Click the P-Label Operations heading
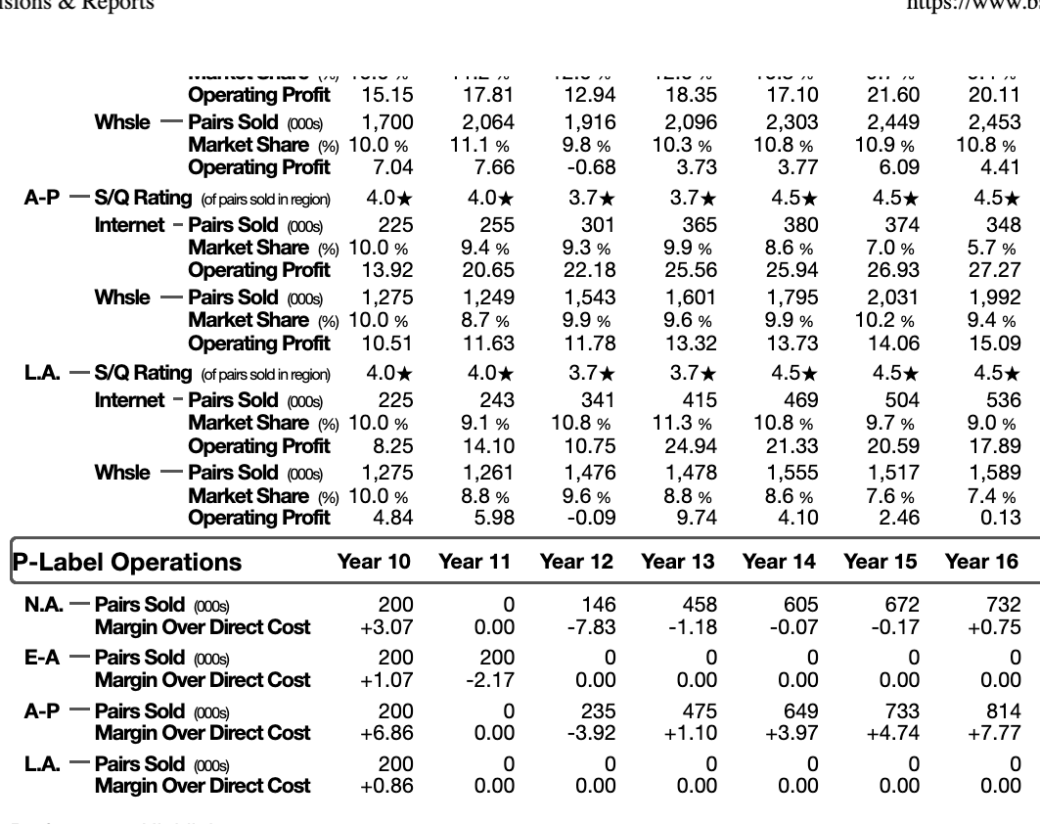[126, 563]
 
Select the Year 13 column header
[678, 562]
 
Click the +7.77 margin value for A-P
[995, 733]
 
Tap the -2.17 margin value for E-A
[487, 680]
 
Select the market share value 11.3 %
[681, 424]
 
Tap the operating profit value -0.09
[591, 517]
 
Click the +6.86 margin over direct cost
[385, 733]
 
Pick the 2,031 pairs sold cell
[892, 298]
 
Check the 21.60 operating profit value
[894, 95]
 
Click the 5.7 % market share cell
[993, 248]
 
